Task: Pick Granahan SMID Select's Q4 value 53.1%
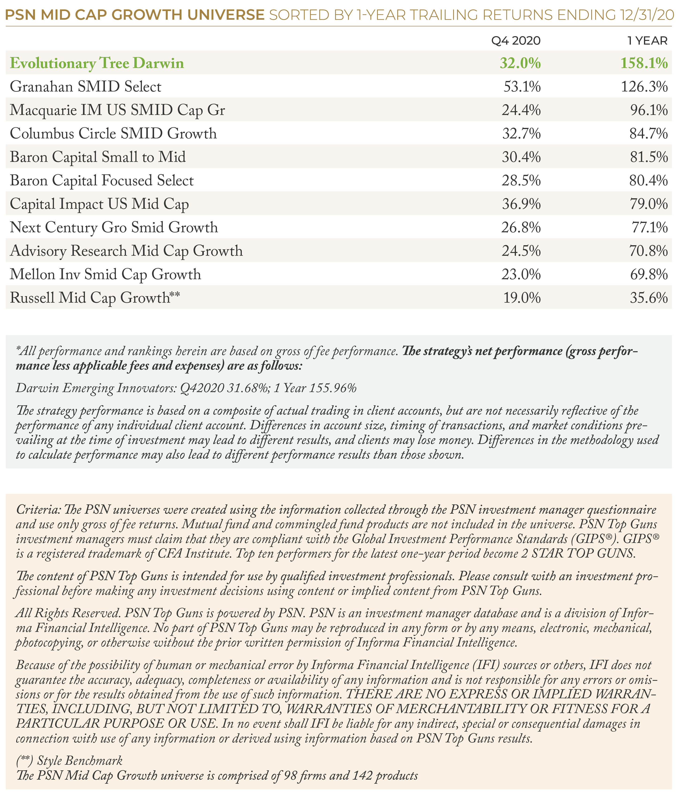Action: point(522,87)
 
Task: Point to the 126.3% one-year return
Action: point(644,87)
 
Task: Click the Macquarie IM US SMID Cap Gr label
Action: point(118,110)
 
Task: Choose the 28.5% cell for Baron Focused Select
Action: point(521,181)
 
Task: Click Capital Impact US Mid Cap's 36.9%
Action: point(521,204)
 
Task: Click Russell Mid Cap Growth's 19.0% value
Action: point(522,298)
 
